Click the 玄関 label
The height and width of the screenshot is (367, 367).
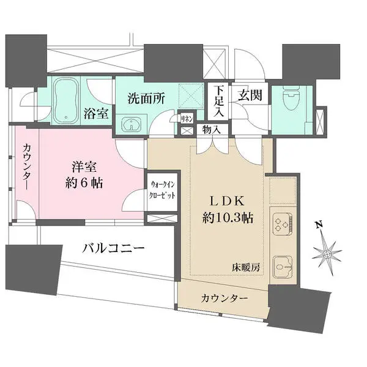pos(251,95)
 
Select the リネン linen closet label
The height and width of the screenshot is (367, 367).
pos(187,119)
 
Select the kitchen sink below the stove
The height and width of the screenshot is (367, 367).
pos(283,265)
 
